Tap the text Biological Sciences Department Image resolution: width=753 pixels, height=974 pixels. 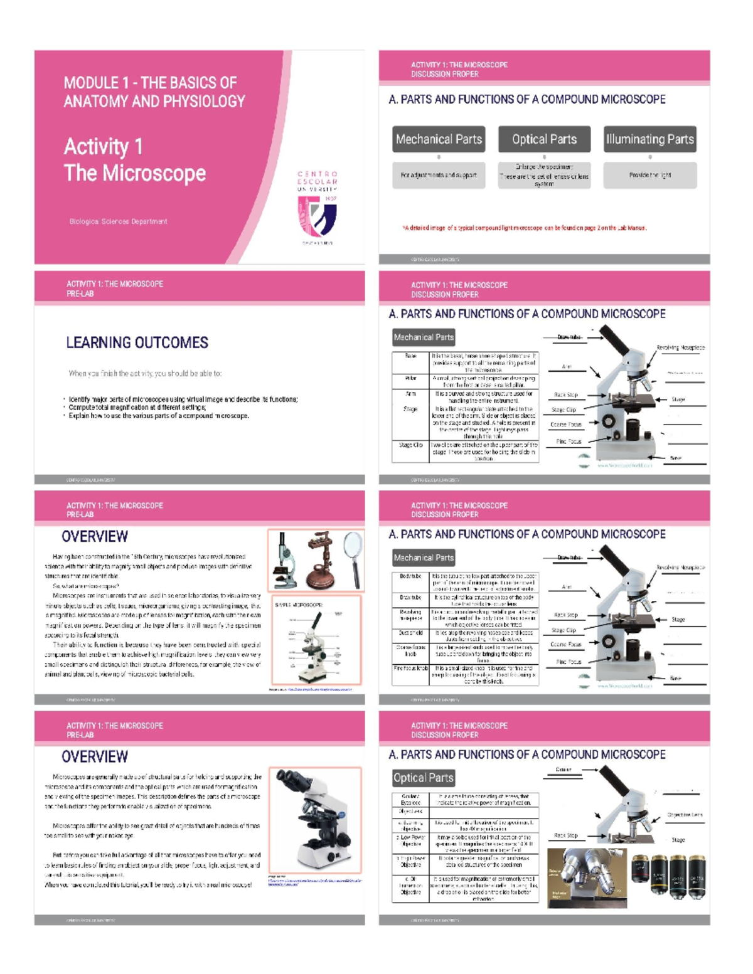click(x=118, y=221)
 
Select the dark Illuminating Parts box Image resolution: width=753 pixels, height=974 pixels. click(x=649, y=139)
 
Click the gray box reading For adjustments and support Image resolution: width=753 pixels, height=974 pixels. click(x=439, y=176)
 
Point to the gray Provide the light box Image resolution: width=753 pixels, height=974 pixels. click(x=649, y=176)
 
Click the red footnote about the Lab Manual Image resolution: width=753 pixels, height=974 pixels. click(x=524, y=228)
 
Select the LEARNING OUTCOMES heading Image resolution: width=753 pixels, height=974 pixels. click(x=137, y=342)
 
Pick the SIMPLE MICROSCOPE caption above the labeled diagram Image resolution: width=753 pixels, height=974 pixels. click(x=299, y=605)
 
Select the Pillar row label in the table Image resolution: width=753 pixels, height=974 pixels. click(x=410, y=379)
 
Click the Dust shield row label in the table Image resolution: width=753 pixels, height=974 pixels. click(x=410, y=633)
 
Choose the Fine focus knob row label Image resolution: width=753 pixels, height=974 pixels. click(x=410, y=669)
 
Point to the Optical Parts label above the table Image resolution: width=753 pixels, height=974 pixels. click(x=423, y=778)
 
